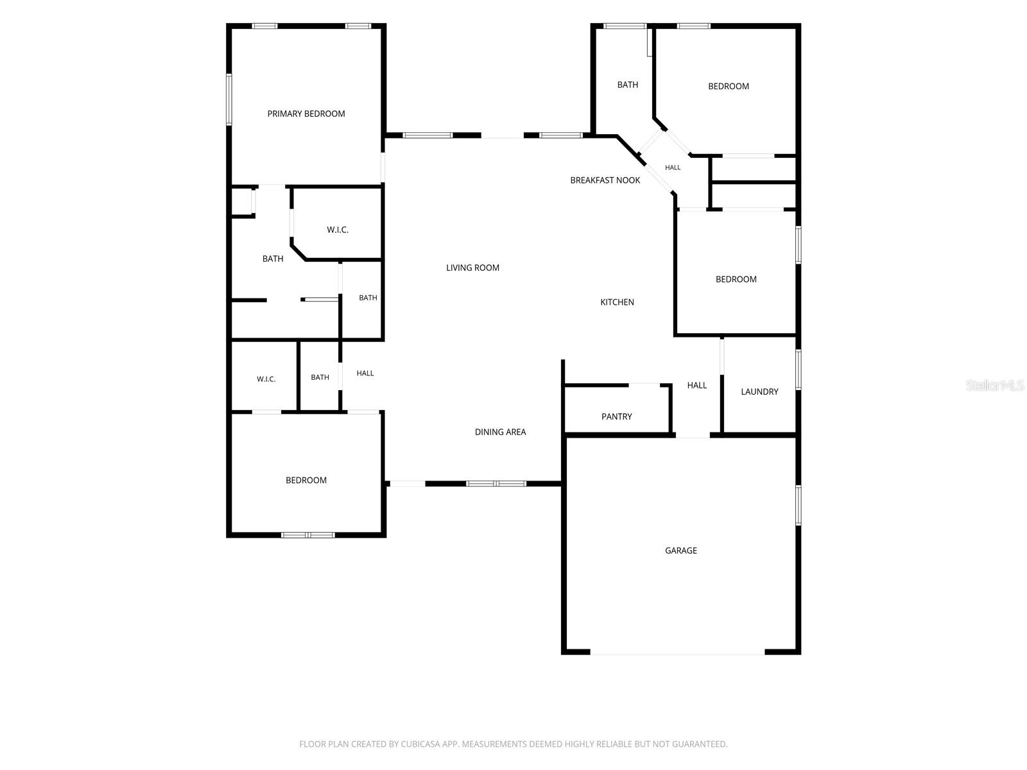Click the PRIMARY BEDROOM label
(x=306, y=114)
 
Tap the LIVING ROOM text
(x=472, y=268)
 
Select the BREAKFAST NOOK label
(x=605, y=180)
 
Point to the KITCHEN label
(x=617, y=302)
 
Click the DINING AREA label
(x=500, y=432)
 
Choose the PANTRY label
(x=616, y=416)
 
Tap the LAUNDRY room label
(x=759, y=392)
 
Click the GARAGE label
(x=681, y=551)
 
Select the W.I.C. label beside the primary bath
(x=338, y=230)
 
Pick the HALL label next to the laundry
(x=696, y=385)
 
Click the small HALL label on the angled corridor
(x=673, y=167)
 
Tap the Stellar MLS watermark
(x=995, y=385)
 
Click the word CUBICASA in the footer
(x=420, y=744)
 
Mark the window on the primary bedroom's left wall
(x=229, y=99)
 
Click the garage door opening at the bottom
(x=677, y=652)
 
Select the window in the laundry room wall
(x=798, y=370)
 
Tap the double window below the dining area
(x=496, y=483)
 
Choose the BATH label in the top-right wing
(x=627, y=85)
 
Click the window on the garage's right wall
(x=798, y=505)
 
